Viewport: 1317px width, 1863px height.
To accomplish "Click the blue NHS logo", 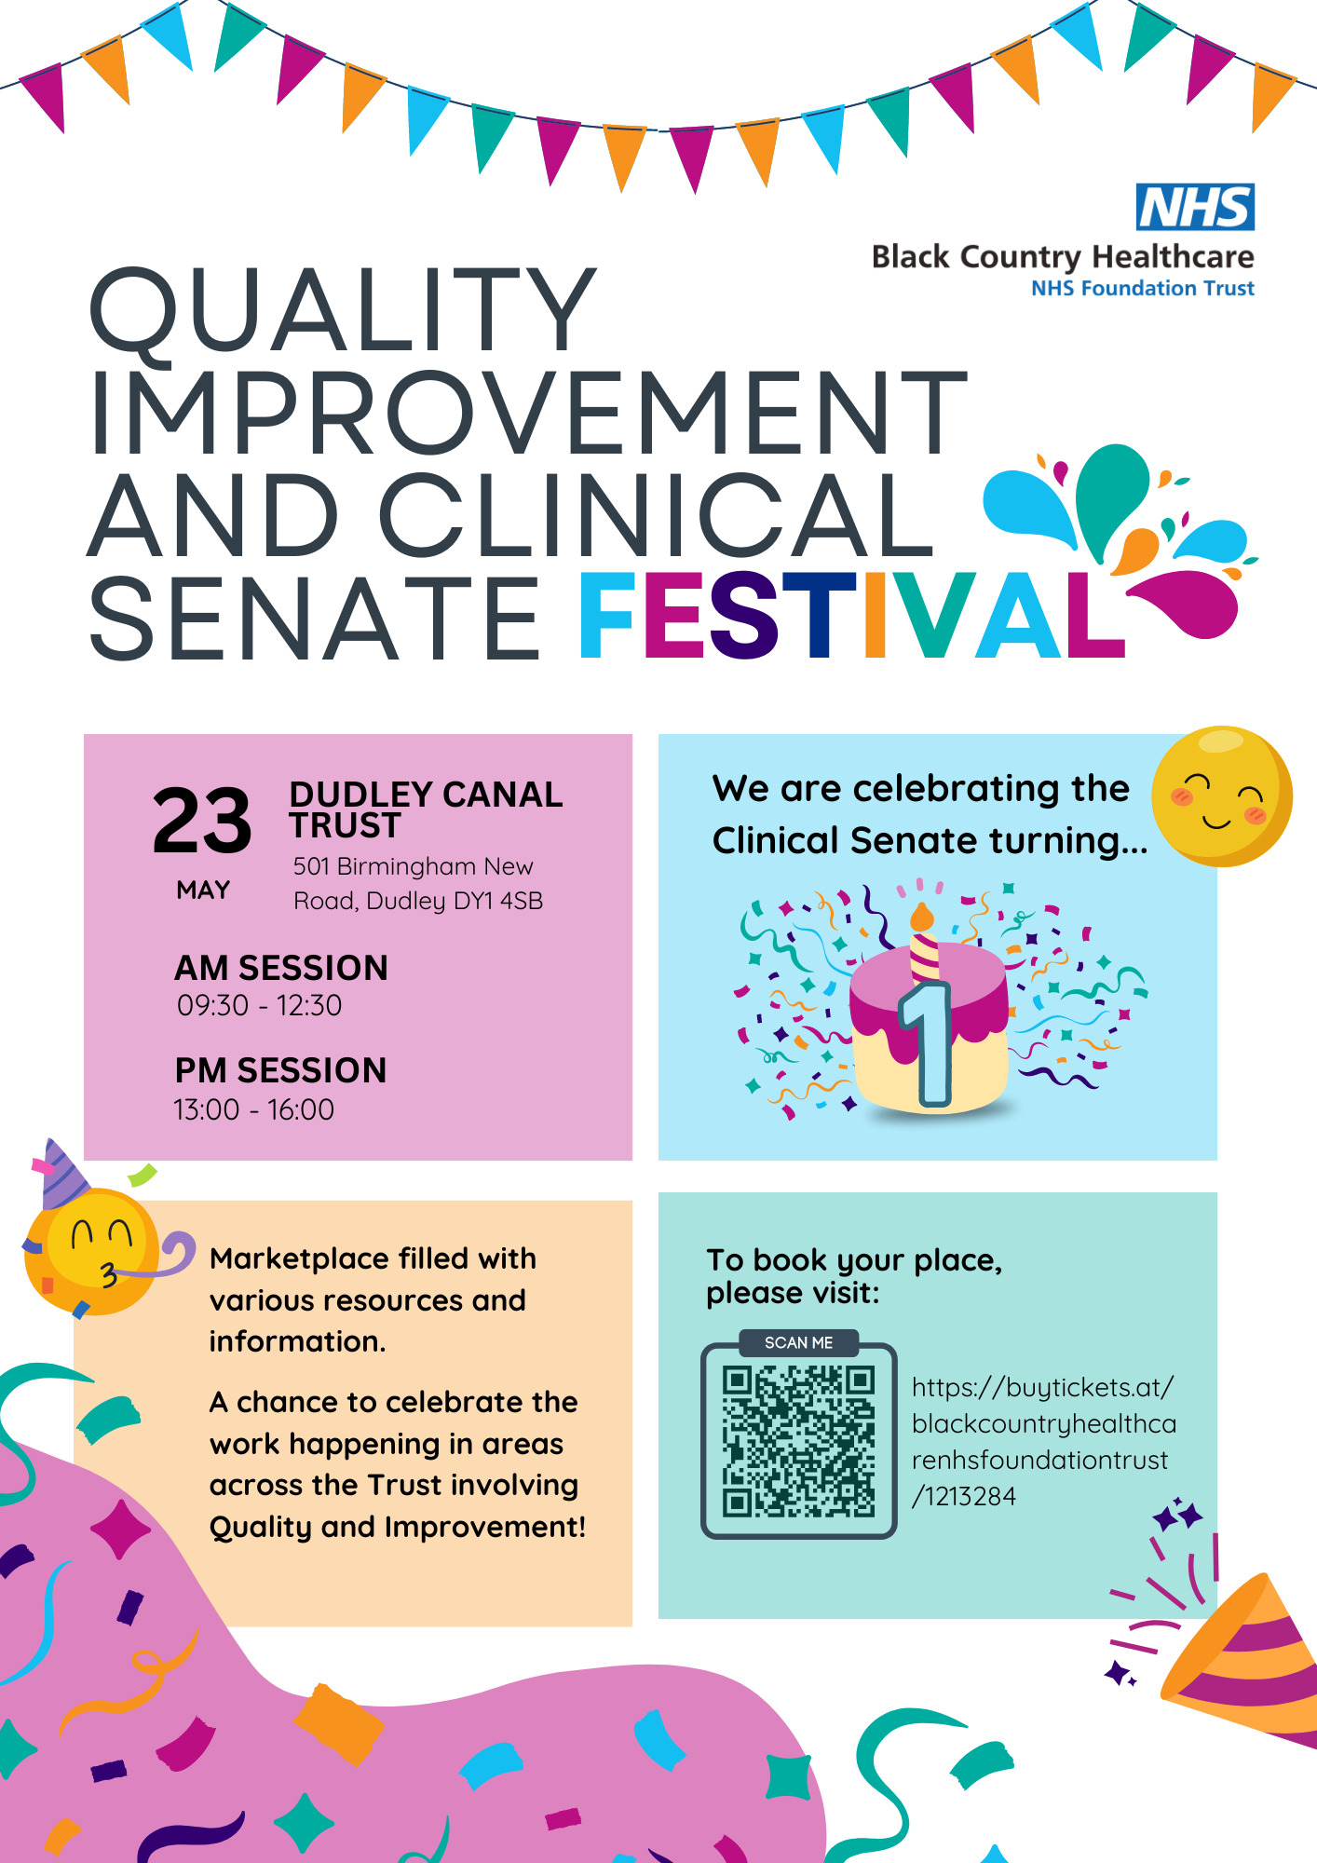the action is [x=1195, y=207].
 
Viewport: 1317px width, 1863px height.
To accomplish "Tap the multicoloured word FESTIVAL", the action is [x=852, y=616].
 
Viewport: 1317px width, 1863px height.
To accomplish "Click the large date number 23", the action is [x=202, y=820].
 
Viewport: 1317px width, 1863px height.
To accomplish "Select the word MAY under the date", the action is [x=203, y=891].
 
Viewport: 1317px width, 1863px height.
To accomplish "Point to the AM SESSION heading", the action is [x=281, y=968].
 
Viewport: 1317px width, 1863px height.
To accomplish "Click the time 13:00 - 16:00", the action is [x=253, y=1109].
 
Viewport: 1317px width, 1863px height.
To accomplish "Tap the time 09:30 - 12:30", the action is [x=259, y=1005].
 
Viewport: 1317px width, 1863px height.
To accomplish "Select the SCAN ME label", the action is [x=799, y=1342].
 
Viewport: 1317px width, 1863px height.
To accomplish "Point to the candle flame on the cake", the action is [x=922, y=917].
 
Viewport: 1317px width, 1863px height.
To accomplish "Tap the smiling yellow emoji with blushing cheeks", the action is [x=1221, y=796].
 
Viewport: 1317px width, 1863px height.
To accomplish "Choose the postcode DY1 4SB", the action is [x=498, y=901].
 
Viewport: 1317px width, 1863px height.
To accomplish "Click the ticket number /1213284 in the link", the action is [x=964, y=1496].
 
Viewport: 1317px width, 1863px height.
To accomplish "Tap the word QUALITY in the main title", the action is [x=342, y=309].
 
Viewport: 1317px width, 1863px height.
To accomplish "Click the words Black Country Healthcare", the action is [x=1063, y=257].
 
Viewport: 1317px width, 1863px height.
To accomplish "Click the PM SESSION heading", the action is [x=280, y=1070].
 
